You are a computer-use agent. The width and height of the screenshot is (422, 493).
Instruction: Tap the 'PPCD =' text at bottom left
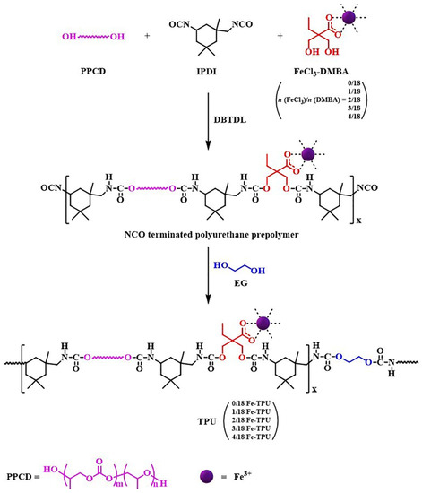36,471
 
